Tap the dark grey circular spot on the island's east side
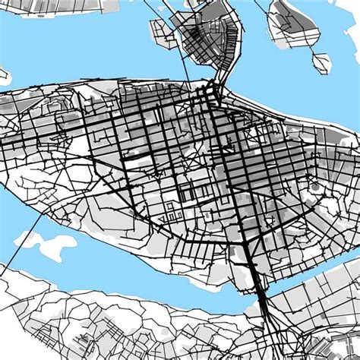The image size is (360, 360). pos(314,185)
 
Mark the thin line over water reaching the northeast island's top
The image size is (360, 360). pos(262,8)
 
